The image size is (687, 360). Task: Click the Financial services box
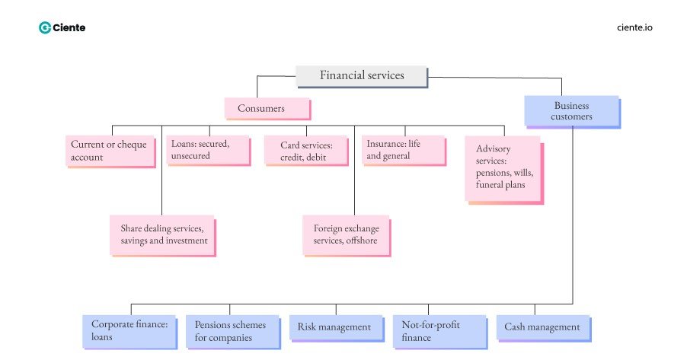(361, 76)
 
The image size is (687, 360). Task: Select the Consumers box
(267, 108)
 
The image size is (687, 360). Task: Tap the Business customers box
(571, 111)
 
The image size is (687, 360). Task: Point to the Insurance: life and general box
(403, 150)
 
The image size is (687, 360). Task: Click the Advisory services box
(503, 168)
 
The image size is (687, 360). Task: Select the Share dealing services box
(162, 235)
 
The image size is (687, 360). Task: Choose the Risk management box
(335, 328)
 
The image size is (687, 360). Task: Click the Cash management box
(542, 328)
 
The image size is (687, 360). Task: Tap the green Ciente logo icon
(44, 27)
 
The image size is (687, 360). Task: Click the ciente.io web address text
(634, 27)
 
